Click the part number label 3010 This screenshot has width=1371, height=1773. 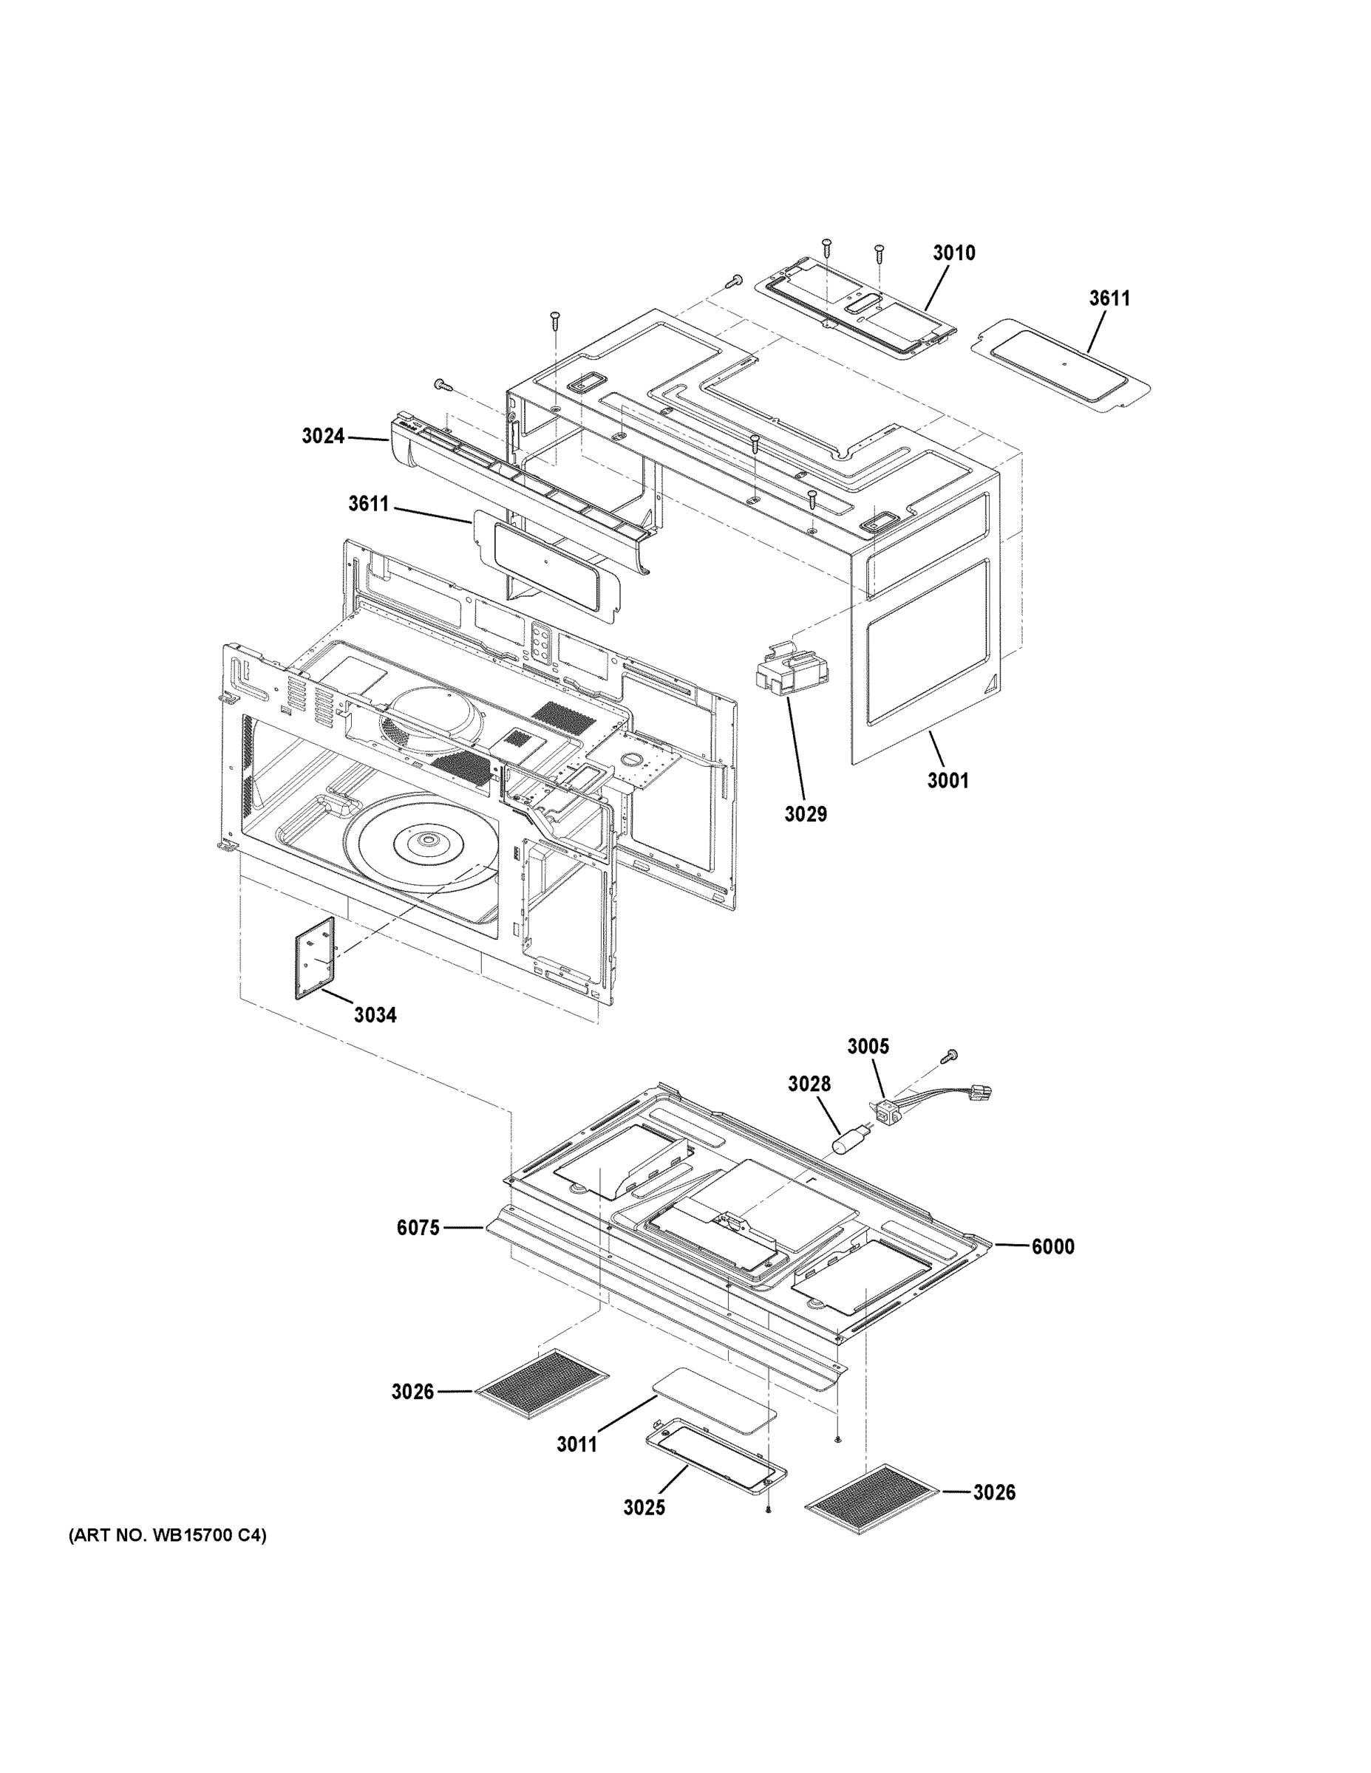(953, 253)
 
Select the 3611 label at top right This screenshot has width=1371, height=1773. (1109, 298)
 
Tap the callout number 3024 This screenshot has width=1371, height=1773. (323, 437)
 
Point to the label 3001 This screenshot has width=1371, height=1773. (948, 781)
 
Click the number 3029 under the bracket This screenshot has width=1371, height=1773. (805, 813)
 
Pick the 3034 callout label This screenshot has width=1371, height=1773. (375, 1015)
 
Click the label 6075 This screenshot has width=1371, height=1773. (418, 1251)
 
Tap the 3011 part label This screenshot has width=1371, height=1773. (576, 1444)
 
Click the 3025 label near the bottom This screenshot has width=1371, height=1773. (644, 1508)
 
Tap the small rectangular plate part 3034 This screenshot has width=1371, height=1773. (314, 959)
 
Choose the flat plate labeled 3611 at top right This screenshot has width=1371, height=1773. (1062, 366)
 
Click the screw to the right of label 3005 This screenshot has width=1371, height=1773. (948, 1056)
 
